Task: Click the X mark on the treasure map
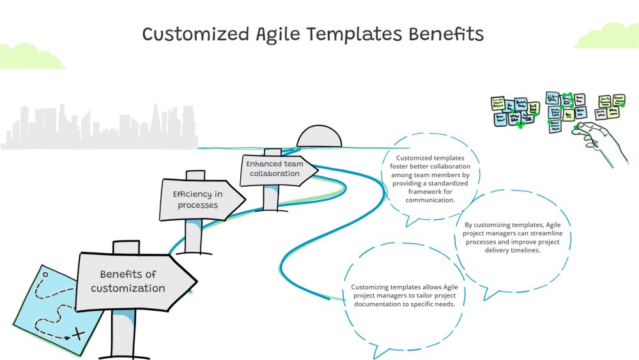coord(79,334)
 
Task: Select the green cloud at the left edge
coord(29,58)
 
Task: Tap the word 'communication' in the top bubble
coord(430,200)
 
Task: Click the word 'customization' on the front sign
coord(128,288)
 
